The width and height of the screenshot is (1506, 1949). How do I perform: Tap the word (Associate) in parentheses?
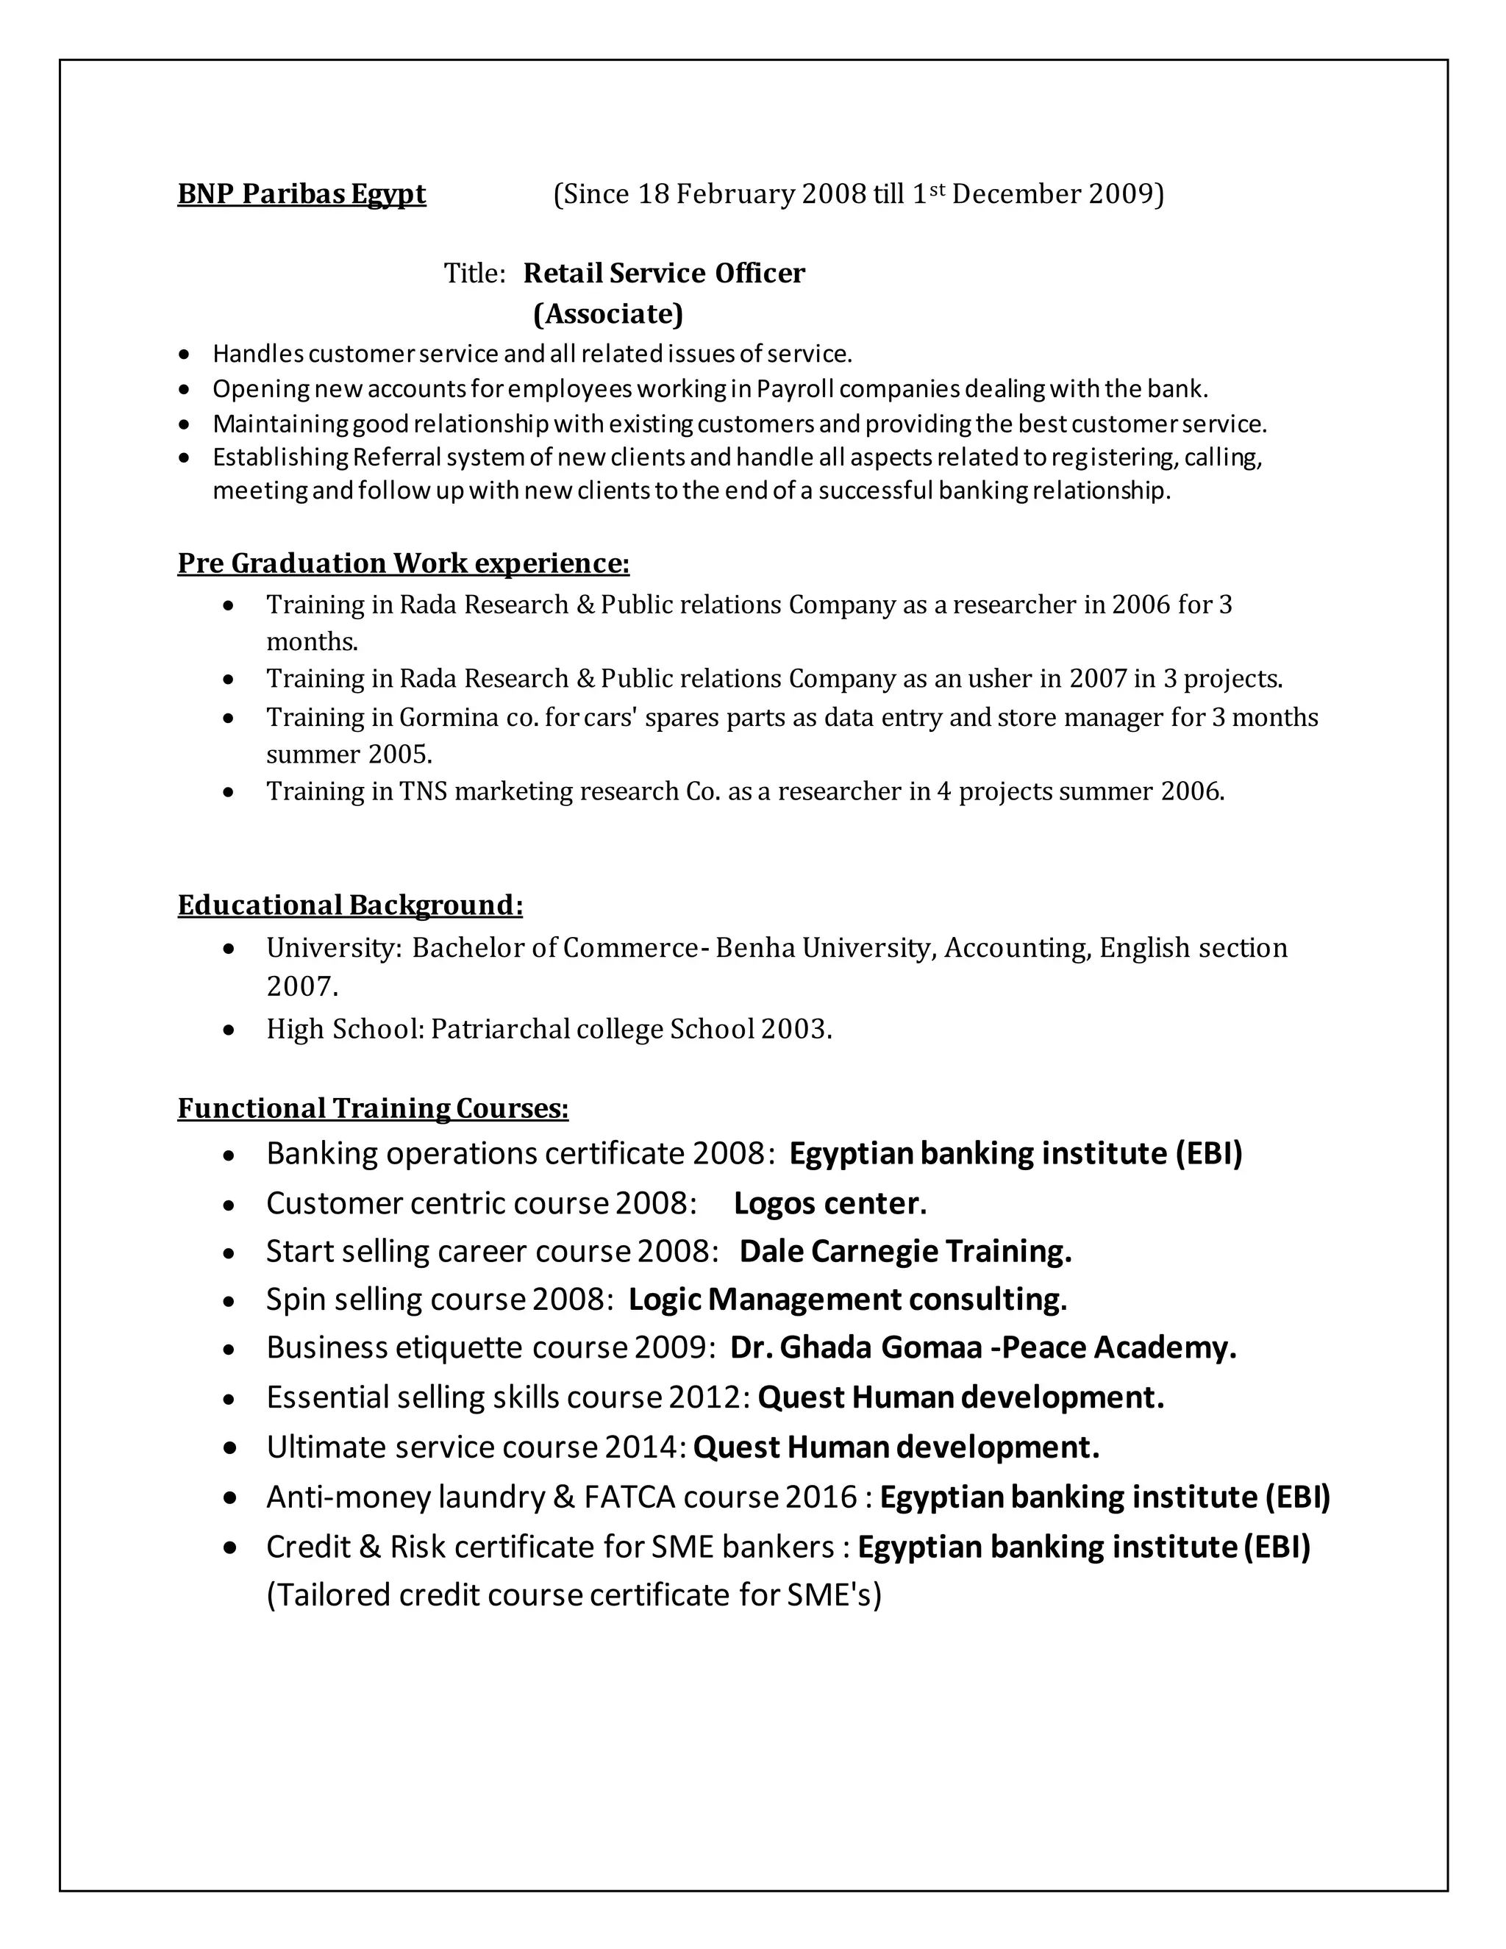(x=607, y=314)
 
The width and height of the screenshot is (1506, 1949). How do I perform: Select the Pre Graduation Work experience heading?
(x=403, y=563)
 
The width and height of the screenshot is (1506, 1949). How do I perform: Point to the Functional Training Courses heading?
(x=373, y=1108)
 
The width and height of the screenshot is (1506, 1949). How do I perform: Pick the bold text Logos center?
(x=829, y=1204)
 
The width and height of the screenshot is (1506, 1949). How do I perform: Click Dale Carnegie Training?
(x=904, y=1252)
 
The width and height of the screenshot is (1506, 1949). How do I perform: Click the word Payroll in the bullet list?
(x=795, y=389)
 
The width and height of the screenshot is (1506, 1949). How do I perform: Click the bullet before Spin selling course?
(x=229, y=1302)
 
